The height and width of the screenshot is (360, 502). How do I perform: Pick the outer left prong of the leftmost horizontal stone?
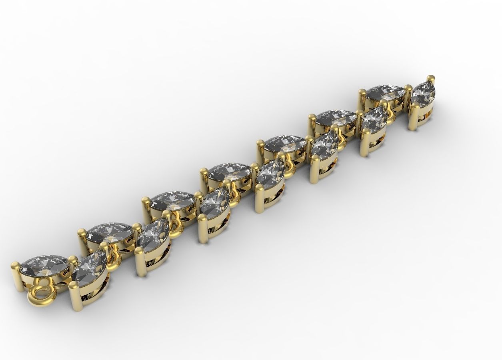(x=15, y=266)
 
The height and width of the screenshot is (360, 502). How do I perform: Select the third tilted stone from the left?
(x=214, y=202)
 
